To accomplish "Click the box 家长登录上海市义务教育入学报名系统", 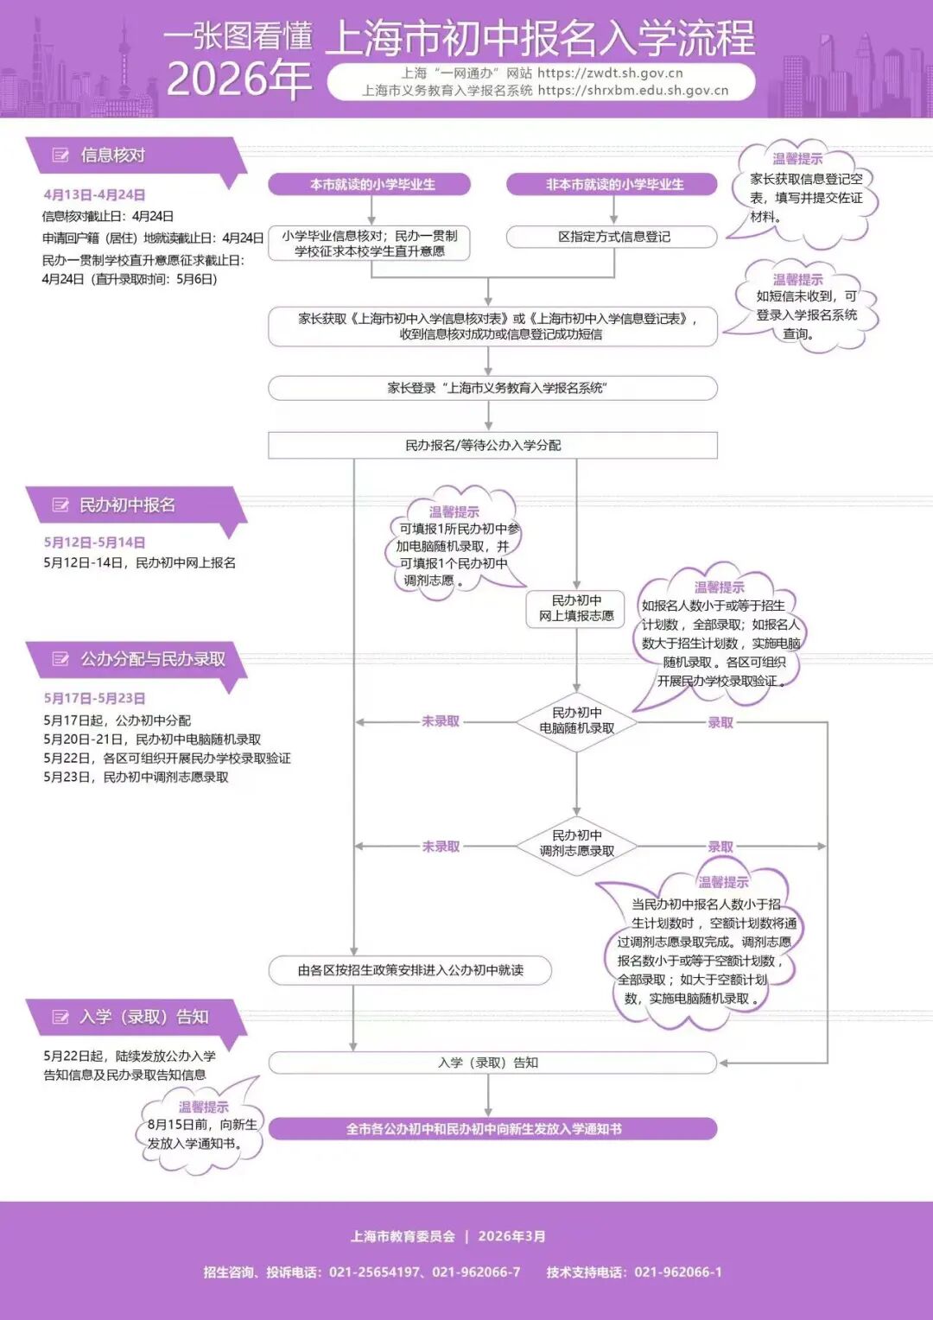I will click(x=493, y=388).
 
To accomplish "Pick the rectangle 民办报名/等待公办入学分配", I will click(x=492, y=445).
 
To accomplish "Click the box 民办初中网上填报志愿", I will click(x=576, y=608).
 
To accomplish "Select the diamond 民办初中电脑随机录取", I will click(x=576, y=721).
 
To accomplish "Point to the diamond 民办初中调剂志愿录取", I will click(x=576, y=844).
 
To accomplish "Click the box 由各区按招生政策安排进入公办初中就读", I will click(x=410, y=970).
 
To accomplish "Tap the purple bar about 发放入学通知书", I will click(x=492, y=1129).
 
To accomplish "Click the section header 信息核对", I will click(x=112, y=155).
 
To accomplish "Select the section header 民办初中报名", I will click(x=127, y=505).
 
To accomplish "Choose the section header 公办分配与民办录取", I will click(x=152, y=659).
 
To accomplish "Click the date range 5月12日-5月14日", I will click(x=94, y=543).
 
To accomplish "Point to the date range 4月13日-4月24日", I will click(x=94, y=195).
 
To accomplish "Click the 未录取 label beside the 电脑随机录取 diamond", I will click(x=441, y=721).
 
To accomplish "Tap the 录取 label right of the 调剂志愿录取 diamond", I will click(x=720, y=847).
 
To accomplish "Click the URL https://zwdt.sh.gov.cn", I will click(x=610, y=73).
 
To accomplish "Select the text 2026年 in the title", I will click(x=238, y=79).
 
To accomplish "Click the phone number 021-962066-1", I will click(x=678, y=1272).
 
